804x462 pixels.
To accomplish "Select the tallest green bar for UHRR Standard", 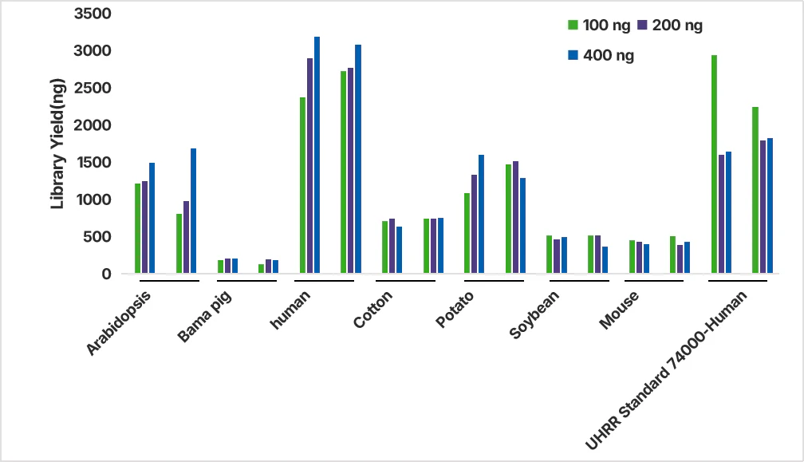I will click(x=715, y=164).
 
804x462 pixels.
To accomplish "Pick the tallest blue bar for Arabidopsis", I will click(x=193, y=211).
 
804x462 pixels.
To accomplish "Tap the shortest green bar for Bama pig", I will click(x=261, y=269).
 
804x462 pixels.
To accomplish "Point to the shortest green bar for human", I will click(x=302, y=185).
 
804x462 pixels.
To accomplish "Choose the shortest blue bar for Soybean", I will click(x=605, y=260).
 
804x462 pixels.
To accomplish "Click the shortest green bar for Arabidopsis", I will click(x=179, y=243).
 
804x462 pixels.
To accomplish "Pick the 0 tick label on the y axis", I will click(x=105, y=274).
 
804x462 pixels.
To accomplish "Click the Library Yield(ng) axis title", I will click(x=57, y=144).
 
